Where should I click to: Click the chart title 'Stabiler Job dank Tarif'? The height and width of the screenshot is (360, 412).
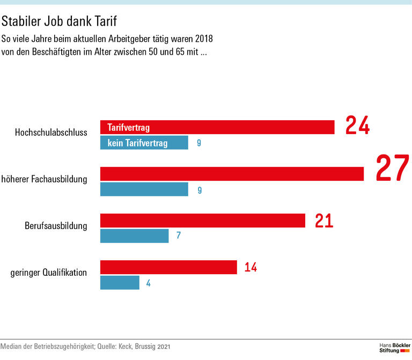tap(59, 21)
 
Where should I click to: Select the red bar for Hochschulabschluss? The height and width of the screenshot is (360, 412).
tap(217, 127)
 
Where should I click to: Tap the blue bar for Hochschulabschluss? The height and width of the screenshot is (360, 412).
tap(144, 143)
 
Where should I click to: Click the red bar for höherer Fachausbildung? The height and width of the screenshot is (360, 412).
tap(232, 174)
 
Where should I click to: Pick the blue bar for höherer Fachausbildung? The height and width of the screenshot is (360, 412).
tap(144, 189)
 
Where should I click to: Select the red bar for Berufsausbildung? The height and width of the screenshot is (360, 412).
tap(203, 221)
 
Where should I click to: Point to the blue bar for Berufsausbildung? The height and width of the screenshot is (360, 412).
tap(135, 236)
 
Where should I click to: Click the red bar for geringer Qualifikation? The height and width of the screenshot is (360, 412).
tap(168, 267)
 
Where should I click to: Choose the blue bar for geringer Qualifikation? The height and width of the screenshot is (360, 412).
tap(120, 283)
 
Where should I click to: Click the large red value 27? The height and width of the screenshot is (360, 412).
tap(392, 168)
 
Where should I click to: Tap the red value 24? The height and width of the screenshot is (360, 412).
tap(357, 126)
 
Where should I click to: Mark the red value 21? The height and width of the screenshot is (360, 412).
tap(324, 221)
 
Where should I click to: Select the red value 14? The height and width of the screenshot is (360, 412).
tap(251, 267)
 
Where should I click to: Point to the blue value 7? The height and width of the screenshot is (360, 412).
tap(179, 236)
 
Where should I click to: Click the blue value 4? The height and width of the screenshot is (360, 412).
tap(148, 283)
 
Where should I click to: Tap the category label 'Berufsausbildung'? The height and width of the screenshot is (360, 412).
tap(56, 225)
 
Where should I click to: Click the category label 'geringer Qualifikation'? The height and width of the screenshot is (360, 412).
tap(49, 272)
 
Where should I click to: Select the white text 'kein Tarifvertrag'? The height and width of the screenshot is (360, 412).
tap(137, 143)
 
